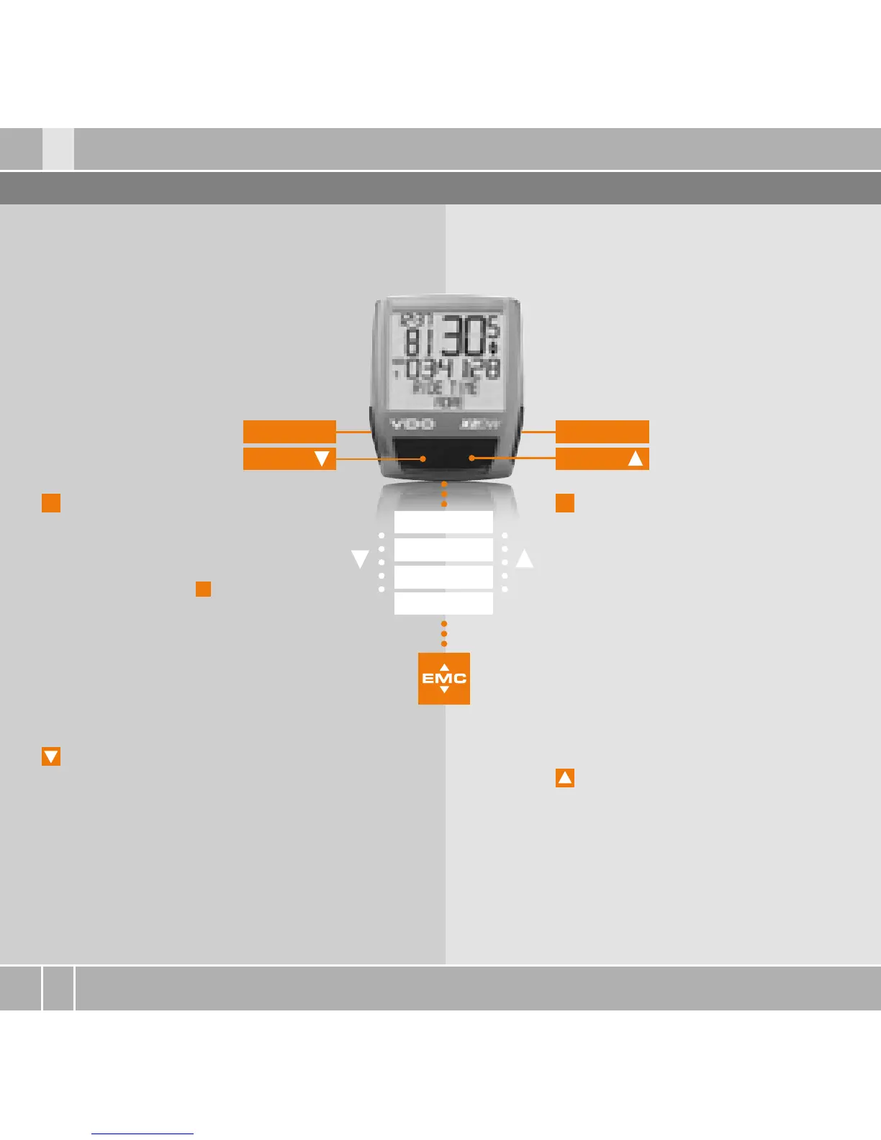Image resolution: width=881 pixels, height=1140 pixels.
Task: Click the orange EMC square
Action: pos(444,678)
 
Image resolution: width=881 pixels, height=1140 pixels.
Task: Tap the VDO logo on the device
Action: pos(412,424)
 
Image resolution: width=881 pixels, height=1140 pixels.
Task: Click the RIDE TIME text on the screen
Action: pos(445,387)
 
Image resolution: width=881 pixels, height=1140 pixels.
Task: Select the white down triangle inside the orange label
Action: pos(322,458)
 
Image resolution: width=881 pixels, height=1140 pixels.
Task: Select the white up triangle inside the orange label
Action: pos(635,458)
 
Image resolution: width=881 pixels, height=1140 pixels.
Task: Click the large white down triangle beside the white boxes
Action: pos(360,558)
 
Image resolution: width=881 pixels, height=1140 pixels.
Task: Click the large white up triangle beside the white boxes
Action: pos(525,558)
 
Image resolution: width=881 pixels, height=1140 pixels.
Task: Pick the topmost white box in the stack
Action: pos(443,522)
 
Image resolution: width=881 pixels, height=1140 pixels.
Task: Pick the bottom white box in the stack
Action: pos(443,603)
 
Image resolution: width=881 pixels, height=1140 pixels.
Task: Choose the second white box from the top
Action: pos(443,549)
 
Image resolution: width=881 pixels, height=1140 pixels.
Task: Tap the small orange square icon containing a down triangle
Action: pos(51,756)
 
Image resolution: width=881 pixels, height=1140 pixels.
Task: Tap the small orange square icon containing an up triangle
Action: pos(565,778)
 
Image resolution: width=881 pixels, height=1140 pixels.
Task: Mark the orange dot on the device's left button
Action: pos(423,458)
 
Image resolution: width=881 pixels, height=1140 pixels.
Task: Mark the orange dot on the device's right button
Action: pos(471,458)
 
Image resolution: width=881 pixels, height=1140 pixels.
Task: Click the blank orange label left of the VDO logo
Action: pos(289,432)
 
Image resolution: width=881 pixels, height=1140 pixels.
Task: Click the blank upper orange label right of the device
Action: pos(602,432)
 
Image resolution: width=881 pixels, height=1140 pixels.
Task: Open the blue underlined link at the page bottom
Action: pos(143,1134)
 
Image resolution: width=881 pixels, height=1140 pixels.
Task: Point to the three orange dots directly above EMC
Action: pos(444,633)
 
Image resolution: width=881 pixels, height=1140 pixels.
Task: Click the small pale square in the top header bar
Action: pos(58,149)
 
